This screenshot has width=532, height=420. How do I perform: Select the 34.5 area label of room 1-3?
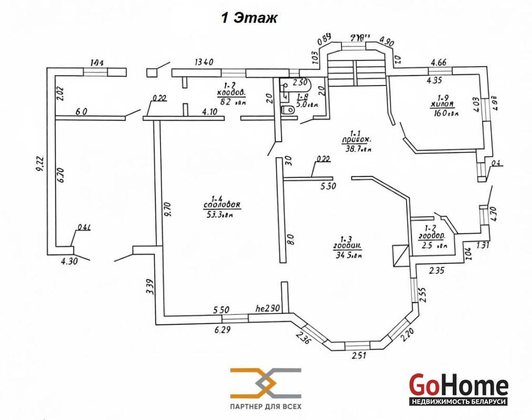[348, 256]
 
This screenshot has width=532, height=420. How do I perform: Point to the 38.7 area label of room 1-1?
[358, 149]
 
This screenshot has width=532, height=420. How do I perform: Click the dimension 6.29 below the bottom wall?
[222, 330]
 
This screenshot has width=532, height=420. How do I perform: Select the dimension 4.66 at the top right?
[438, 63]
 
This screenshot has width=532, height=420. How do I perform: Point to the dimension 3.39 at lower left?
[149, 287]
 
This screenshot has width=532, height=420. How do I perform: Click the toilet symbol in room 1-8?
[288, 110]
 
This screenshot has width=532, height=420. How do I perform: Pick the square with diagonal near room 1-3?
[400, 256]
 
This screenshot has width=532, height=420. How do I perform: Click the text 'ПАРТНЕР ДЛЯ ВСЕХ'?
[266, 406]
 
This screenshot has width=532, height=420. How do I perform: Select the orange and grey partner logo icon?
[265, 383]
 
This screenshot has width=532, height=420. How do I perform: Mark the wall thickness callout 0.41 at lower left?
[84, 227]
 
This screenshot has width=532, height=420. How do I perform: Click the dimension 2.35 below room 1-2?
[437, 271]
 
